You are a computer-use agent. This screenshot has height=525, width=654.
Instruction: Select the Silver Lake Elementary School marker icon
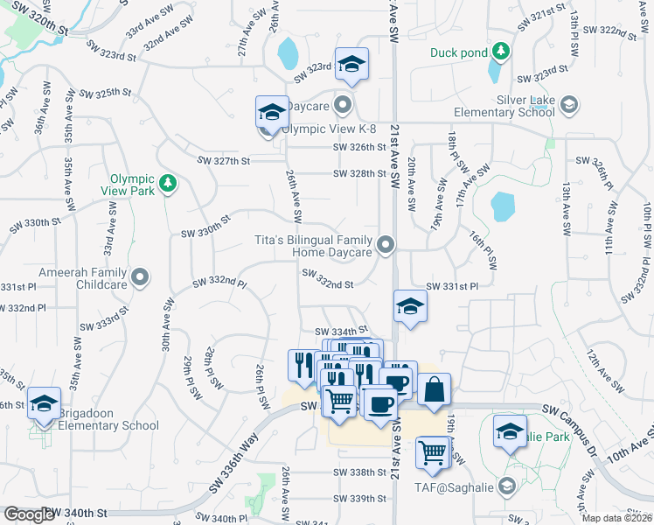(x=569, y=105)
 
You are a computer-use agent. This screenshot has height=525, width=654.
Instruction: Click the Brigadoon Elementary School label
(x=104, y=426)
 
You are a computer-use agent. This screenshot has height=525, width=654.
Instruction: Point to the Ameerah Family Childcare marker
(x=141, y=279)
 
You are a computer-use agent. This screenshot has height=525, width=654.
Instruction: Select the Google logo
(x=29, y=514)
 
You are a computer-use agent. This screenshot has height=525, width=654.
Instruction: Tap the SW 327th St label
(x=224, y=161)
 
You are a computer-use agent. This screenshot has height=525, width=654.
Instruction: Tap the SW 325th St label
(x=105, y=92)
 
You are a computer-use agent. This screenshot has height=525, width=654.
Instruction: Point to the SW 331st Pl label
(x=452, y=287)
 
